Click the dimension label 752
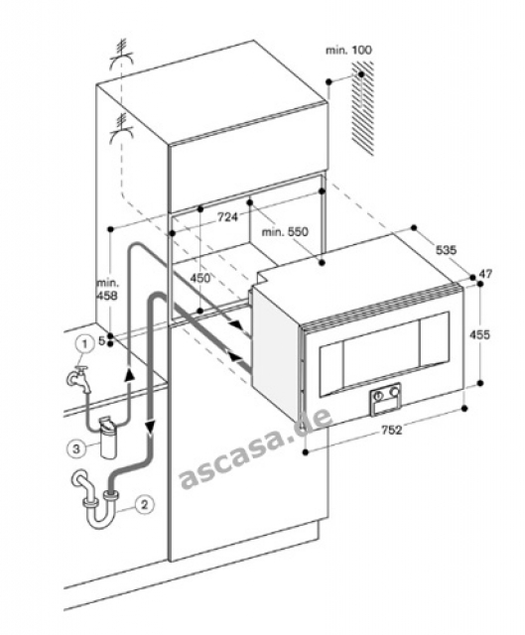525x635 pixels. (391, 430)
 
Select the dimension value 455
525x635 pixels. (479, 334)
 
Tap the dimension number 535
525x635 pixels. (446, 250)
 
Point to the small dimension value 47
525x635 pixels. (485, 274)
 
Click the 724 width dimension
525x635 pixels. (227, 217)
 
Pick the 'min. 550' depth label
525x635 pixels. (285, 232)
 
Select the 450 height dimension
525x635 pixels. (200, 278)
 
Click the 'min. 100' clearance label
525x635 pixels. (348, 51)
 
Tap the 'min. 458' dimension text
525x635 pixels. (107, 290)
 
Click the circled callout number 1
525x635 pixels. (84, 344)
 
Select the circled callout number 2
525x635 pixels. (144, 505)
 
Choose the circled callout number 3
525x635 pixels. (75, 448)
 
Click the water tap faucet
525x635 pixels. (79, 379)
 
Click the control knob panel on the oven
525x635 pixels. (385, 399)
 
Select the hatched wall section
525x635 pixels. (362, 107)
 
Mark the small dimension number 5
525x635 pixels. (101, 341)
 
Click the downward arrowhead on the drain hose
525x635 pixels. (150, 427)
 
